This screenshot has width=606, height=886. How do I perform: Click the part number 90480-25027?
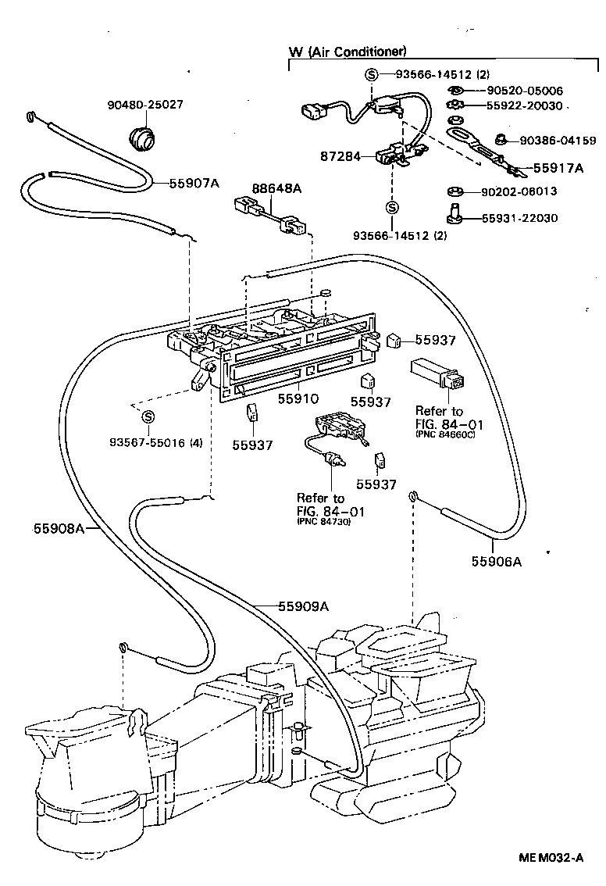(146, 105)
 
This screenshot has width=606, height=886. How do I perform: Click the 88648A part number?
(276, 188)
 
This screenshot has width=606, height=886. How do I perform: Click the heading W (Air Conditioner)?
(348, 52)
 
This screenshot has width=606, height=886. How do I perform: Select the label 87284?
(340, 156)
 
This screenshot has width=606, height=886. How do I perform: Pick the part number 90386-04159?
(552, 141)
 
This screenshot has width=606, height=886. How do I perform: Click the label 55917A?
(558, 167)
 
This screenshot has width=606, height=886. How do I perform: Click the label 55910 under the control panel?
(298, 398)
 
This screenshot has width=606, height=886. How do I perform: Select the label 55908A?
(59, 528)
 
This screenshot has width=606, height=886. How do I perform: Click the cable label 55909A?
(303, 606)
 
